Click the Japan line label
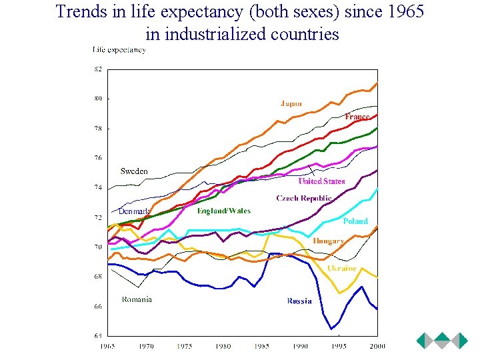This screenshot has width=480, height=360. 291,103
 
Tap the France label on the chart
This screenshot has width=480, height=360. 357,117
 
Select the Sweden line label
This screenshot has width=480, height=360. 134,171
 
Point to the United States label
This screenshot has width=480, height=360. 321,181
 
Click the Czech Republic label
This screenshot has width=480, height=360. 304,198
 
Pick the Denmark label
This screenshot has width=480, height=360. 134,211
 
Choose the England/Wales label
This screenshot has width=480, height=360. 224,211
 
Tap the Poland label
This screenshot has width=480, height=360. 355,221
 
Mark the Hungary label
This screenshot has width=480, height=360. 328,241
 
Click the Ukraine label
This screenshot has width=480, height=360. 341,268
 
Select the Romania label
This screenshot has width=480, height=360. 137,299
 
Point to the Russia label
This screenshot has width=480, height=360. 299,301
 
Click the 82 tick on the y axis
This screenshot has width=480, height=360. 98,69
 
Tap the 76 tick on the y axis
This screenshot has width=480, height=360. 98,158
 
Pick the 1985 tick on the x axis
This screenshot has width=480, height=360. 262,346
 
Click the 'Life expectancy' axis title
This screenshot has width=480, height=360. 119,49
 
